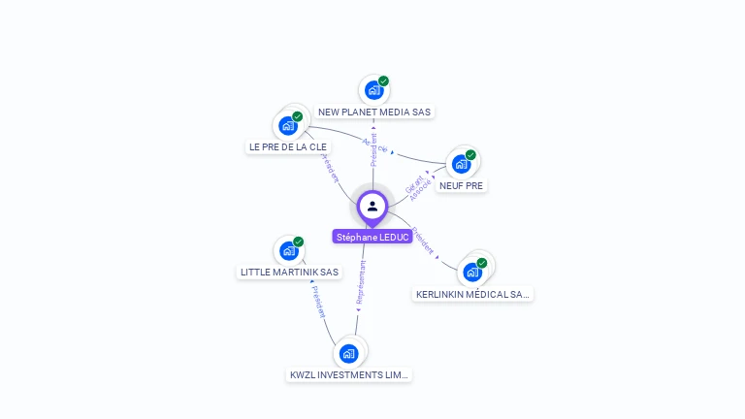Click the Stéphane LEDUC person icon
[372, 206]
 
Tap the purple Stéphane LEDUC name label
[372, 237]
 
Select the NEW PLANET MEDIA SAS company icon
[373, 90]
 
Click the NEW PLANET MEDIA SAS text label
[374, 112]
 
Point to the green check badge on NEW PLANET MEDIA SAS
[383, 81]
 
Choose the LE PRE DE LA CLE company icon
[288, 125]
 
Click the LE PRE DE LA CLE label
[288, 146]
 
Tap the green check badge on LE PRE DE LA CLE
[298, 116]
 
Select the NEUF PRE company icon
[461, 163]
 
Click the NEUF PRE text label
[462, 185]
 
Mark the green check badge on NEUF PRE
[470, 155]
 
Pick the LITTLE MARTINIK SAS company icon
[288, 250]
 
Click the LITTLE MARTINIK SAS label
[289, 272]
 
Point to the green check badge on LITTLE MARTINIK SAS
[298, 242]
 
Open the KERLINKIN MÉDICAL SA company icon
[472, 272]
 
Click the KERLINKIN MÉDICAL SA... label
[473, 294]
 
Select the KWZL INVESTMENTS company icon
[349, 353]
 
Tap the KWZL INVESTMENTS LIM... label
[350, 374]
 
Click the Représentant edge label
[361, 283]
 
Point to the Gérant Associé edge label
[418, 186]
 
